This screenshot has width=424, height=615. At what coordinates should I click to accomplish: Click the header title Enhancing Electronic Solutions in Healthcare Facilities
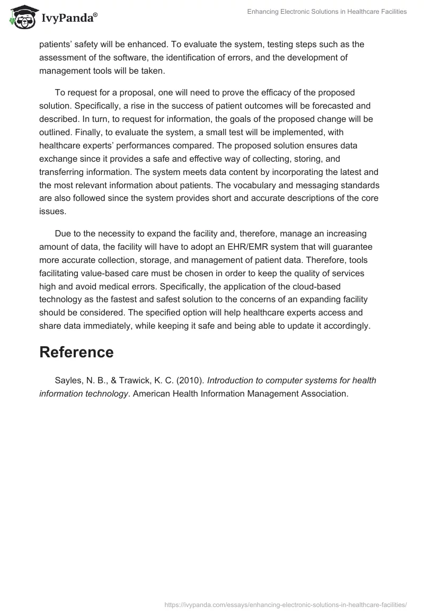click(x=327, y=12)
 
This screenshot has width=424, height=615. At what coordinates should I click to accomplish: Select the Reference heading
click(x=76, y=352)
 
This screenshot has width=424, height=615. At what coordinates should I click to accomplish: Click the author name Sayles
click(x=68, y=380)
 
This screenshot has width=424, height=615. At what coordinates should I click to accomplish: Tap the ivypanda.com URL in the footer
click(x=286, y=604)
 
